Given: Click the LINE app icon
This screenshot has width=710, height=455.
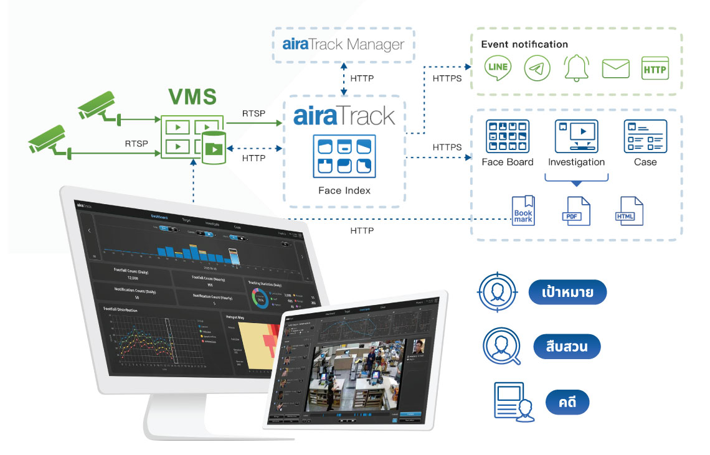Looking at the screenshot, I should coord(498,68).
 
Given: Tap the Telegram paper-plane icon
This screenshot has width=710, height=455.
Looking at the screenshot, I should coord(537,68).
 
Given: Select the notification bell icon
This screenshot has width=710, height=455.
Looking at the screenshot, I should coord(576,68).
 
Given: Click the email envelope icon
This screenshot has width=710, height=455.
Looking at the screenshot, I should coord(616,68).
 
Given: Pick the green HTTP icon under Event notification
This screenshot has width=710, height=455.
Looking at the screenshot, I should coord(655,68).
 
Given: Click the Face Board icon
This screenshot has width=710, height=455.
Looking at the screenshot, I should coord(507,136).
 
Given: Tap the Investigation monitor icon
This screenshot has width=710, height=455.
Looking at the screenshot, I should coord(575,136).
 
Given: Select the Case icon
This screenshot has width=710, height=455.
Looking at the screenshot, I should coord(645,136).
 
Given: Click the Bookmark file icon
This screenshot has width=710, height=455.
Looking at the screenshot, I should coord(523,210).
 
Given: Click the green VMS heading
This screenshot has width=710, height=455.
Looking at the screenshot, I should coord(192,98).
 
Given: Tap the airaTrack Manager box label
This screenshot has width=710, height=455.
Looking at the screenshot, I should coord(343,45).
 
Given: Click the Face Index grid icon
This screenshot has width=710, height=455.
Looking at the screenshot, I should coord(344,156).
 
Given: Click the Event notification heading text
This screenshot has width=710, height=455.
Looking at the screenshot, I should coord(524,44).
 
